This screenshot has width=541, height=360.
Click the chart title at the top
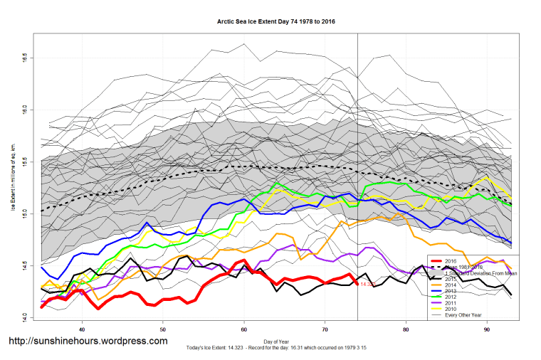point(276,22)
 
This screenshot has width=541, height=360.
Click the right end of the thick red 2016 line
point(356,284)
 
